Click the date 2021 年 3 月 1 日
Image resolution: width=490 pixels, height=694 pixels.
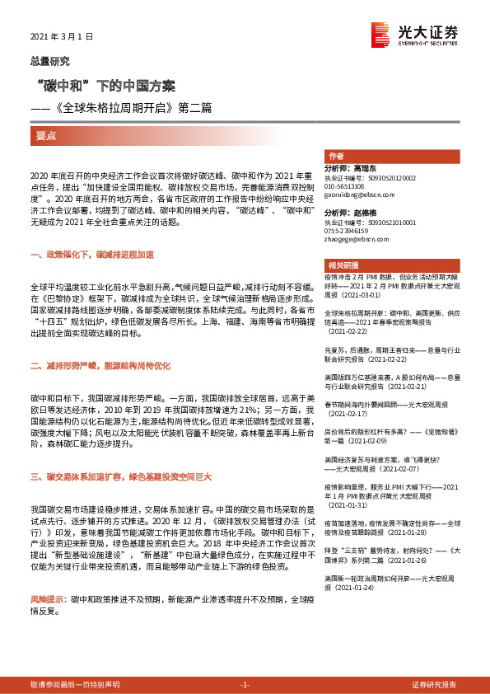point(62,37)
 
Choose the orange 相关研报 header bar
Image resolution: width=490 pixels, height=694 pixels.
point(390,265)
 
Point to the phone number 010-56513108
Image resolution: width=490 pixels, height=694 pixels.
point(347,185)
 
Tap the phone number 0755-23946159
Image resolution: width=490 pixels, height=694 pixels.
point(348,231)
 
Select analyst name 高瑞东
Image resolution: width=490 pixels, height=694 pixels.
point(372,168)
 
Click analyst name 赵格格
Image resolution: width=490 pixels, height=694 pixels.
point(372,213)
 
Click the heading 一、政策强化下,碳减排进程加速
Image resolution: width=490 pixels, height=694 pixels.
point(91,256)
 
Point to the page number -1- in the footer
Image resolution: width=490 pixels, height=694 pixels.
point(245,684)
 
